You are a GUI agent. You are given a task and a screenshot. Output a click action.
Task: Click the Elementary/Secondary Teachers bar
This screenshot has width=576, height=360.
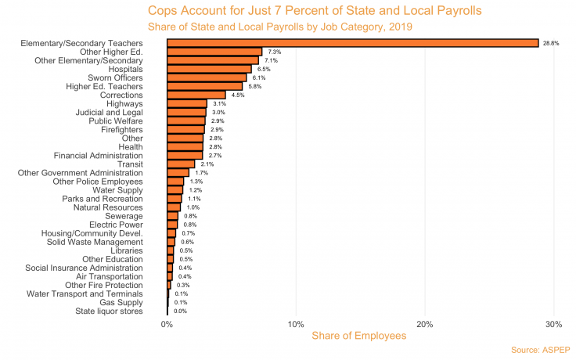(x=352, y=43)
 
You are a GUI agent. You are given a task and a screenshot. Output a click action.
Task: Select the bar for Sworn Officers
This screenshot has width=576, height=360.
(x=207, y=77)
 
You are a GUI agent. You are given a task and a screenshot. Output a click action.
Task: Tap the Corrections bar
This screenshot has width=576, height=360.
(x=196, y=95)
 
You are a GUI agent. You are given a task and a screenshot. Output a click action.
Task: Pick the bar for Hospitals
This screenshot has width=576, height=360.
(x=209, y=69)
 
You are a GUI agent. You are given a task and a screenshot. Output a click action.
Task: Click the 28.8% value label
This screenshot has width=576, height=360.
(x=551, y=43)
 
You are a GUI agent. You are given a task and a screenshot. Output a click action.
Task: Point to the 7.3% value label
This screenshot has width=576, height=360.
(x=274, y=52)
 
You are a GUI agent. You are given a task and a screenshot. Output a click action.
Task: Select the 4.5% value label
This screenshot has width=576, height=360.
(x=238, y=95)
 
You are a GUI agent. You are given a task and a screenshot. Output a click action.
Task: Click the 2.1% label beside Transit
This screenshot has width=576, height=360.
(x=207, y=164)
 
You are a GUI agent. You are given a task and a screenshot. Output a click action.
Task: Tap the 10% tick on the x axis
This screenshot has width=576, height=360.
(x=296, y=324)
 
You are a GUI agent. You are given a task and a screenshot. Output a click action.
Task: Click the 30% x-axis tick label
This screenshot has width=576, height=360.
(x=553, y=324)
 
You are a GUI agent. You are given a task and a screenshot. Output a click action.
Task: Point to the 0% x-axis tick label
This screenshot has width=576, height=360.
(x=167, y=324)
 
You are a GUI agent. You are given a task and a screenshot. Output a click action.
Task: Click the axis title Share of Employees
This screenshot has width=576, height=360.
(x=359, y=336)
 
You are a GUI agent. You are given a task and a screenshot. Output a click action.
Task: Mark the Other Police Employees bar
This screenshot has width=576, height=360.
(x=175, y=182)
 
